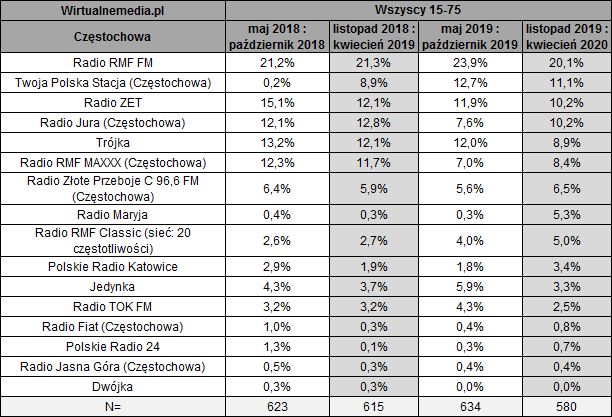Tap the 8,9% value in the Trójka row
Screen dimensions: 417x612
[x=565, y=142]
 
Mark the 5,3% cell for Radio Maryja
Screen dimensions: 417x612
[x=565, y=213]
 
